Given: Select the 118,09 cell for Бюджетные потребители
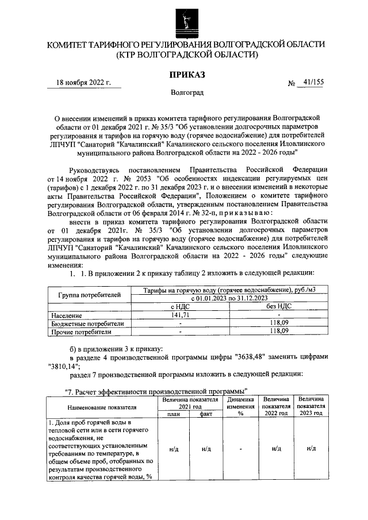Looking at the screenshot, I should point(279,323).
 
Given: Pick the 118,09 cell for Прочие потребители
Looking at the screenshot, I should point(279,331).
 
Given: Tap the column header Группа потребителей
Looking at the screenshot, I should point(90,295).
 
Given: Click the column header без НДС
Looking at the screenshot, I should point(279,307).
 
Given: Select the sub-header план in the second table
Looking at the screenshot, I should point(174,413).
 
